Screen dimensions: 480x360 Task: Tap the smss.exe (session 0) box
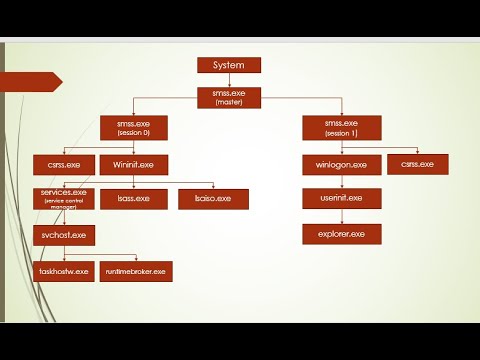pos(134,128)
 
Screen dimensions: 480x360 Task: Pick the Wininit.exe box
pos(133,164)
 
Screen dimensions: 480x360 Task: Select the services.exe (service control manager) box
pos(63,197)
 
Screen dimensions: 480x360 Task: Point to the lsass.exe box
pos(134,199)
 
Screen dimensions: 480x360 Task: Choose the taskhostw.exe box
pos(62,270)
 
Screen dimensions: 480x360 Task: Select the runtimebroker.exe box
pos(133,270)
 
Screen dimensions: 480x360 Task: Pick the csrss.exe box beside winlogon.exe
pos(416,164)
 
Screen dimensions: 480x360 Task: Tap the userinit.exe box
pos(335,199)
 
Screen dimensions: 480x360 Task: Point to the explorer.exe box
pos(335,234)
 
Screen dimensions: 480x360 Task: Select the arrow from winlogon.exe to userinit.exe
pos(335,181)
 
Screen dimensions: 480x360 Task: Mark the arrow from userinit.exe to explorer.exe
pos(335,216)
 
